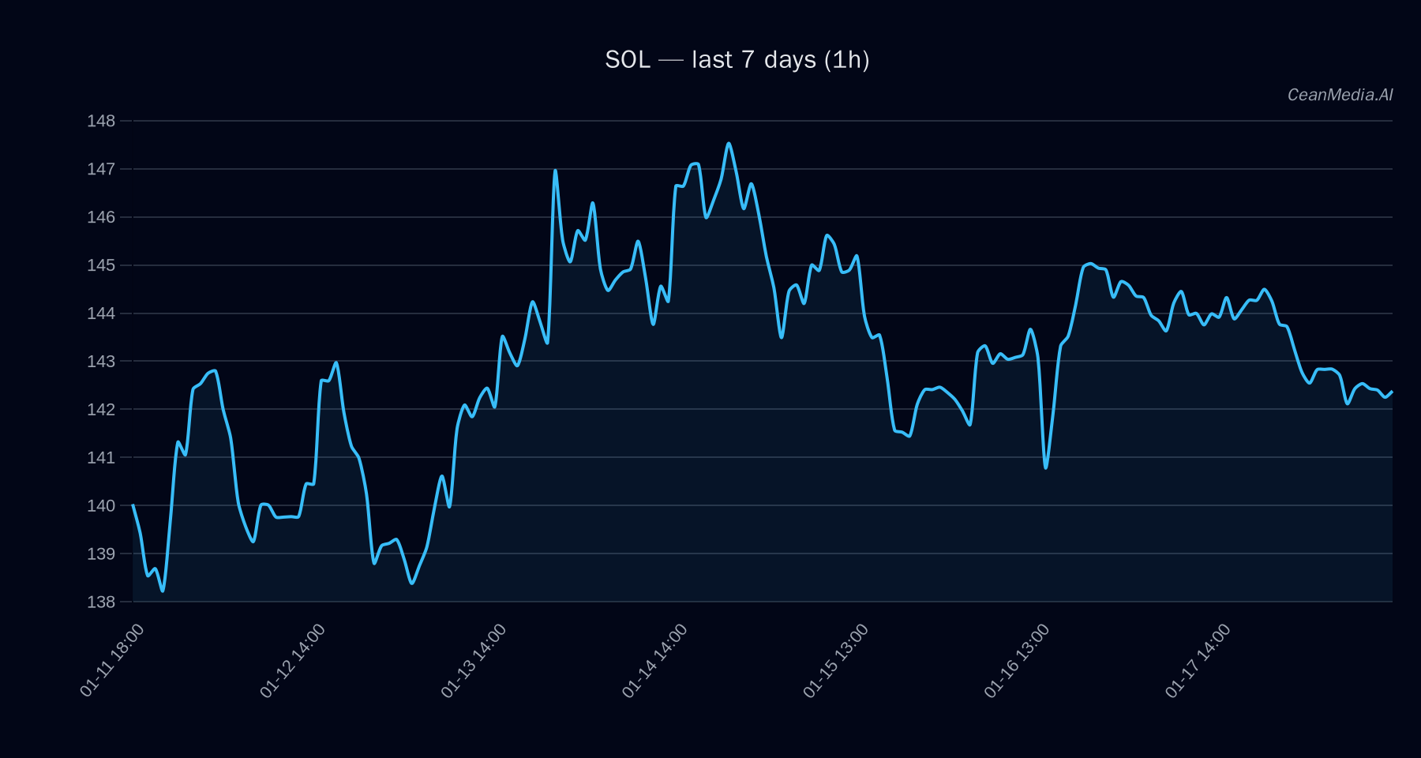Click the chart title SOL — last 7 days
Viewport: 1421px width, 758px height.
[737, 60]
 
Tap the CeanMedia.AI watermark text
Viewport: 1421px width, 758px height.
[1340, 95]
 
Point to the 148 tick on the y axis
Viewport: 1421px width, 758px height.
[101, 121]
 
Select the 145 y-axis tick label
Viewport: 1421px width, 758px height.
[101, 265]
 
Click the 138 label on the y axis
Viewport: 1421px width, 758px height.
[101, 602]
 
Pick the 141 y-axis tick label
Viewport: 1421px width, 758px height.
[101, 457]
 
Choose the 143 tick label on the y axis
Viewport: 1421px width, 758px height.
[101, 362]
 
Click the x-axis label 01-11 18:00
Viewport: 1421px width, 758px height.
[112, 660]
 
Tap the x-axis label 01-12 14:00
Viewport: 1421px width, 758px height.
[293, 660]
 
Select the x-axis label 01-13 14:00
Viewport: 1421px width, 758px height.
[474, 660]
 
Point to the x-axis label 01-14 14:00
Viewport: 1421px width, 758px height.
[654, 660]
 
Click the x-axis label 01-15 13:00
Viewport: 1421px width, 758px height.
[836, 660]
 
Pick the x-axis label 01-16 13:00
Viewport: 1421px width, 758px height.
[1017, 660]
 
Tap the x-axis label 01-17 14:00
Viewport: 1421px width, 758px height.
[1198, 660]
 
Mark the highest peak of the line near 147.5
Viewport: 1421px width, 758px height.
[729, 144]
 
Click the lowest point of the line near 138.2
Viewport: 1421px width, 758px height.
[163, 591]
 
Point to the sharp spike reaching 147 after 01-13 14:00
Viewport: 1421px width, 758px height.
[555, 170]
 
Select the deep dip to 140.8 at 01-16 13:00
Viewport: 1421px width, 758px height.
[1045, 467]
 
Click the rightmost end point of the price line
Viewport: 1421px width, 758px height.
[1392, 392]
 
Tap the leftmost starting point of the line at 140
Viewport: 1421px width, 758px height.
[133, 505]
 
